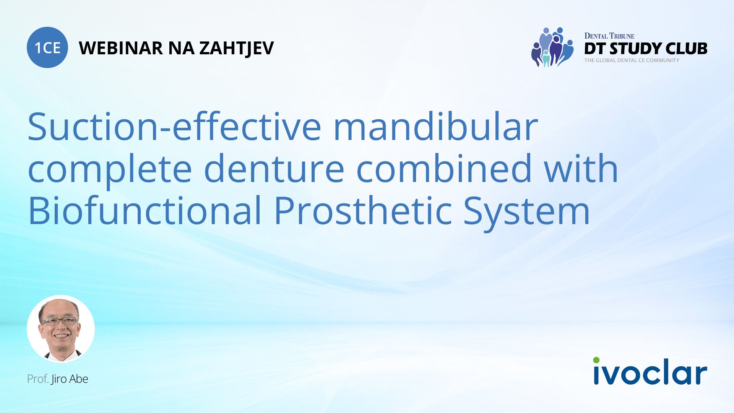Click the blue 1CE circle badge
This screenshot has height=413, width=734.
click(47, 47)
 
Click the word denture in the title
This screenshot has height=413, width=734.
click(274, 169)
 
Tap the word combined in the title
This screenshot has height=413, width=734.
click(443, 169)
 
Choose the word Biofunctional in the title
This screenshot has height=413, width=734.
click(145, 211)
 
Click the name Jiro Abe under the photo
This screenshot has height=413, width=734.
click(70, 379)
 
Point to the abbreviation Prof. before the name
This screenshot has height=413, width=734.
click(37, 379)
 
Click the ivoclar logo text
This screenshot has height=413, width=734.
click(650, 373)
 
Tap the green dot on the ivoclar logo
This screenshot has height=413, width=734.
click(596, 360)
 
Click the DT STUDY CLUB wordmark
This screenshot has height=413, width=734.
click(645, 49)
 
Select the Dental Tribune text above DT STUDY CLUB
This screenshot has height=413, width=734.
click(609, 36)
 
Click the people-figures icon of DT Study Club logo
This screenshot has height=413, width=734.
click(552, 47)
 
